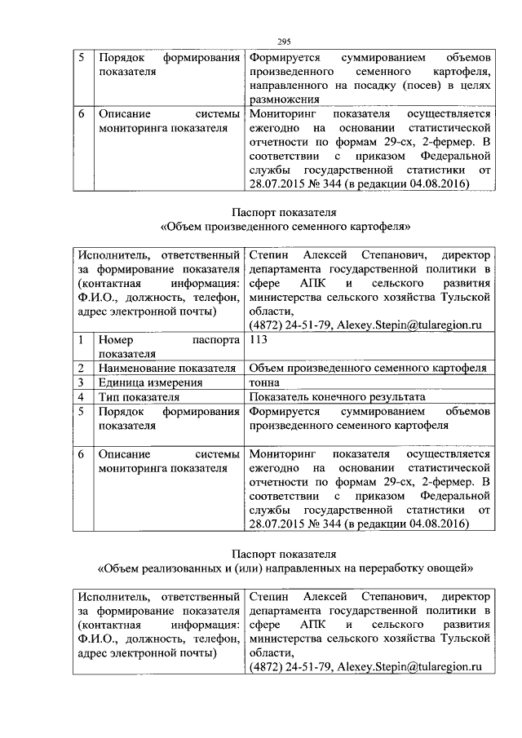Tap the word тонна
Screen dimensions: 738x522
coord(264,382)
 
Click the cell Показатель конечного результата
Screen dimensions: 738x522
coord(337,397)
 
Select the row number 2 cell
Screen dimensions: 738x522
coord(82,369)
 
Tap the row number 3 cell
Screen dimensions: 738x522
coord(82,382)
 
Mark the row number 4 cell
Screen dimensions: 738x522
coord(82,397)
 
